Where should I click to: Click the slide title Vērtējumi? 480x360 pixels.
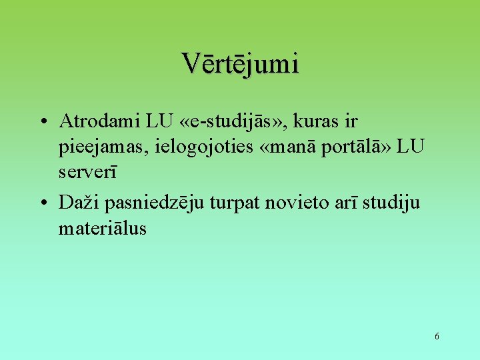pyautogui.click(x=240, y=63)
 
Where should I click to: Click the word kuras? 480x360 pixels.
pyautogui.click(x=321, y=121)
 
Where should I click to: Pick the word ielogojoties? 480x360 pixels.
pyautogui.click(x=194, y=147)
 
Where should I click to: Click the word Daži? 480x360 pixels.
pyautogui.click(x=75, y=201)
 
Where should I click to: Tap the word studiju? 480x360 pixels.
pyautogui.click(x=394, y=201)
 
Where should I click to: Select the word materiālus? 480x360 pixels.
pyautogui.click(x=102, y=228)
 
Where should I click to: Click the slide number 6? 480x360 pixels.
pyautogui.click(x=437, y=336)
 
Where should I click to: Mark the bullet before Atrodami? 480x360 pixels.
pyautogui.click(x=42, y=122)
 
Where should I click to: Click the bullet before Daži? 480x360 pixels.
pyautogui.click(x=42, y=202)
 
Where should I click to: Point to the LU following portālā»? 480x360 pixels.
pyautogui.click(x=411, y=147)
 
